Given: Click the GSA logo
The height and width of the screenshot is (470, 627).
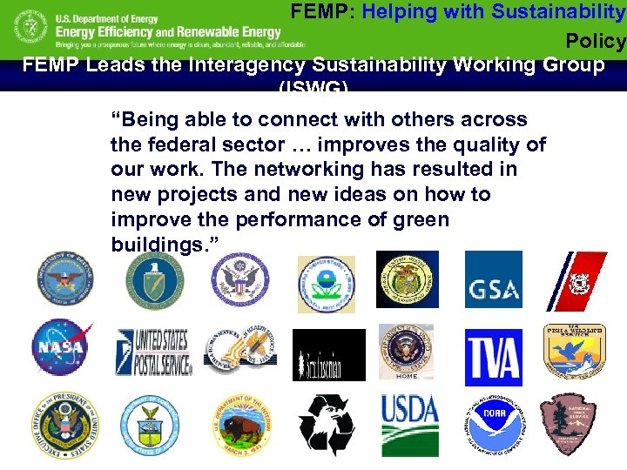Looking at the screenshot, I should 493,279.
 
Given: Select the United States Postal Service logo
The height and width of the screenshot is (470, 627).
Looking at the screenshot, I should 153,352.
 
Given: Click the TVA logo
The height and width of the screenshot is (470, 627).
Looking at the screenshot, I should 493,357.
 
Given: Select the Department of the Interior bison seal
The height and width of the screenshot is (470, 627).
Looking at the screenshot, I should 239,425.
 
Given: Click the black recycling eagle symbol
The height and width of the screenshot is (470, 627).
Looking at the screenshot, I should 326,425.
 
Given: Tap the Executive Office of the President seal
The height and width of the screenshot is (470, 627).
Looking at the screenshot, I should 64,425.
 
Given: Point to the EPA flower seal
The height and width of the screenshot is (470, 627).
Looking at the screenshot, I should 326,284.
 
